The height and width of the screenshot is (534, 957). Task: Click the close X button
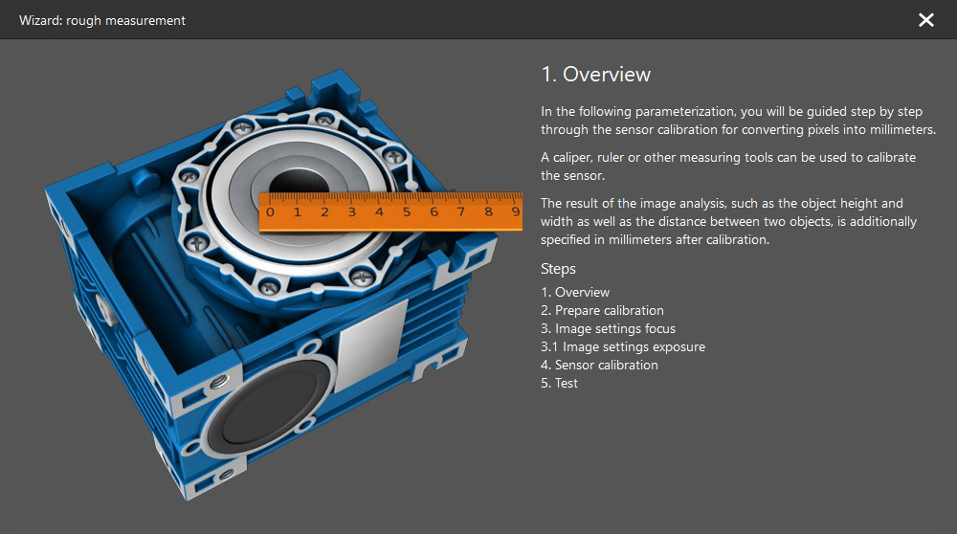click(925, 20)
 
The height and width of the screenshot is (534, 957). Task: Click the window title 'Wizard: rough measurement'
click(102, 20)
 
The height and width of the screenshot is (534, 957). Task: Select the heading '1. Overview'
click(595, 74)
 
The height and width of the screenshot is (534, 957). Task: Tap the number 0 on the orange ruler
click(271, 212)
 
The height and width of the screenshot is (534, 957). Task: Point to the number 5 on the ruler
click(407, 212)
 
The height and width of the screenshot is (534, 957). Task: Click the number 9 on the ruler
click(516, 211)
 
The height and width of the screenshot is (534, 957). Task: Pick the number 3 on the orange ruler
click(352, 212)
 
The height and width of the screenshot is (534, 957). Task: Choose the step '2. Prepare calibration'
click(602, 310)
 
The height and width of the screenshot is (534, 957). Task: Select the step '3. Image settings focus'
click(608, 328)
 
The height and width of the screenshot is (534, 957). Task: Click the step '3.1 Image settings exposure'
click(623, 346)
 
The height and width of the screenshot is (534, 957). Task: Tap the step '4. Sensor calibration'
click(599, 365)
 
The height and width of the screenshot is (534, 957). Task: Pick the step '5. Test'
click(559, 383)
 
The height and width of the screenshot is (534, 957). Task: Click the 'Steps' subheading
click(558, 269)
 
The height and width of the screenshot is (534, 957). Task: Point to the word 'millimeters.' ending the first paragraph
click(902, 129)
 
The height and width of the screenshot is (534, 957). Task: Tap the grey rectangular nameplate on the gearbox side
click(372, 345)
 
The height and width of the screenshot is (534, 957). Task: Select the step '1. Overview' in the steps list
click(575, 292)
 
